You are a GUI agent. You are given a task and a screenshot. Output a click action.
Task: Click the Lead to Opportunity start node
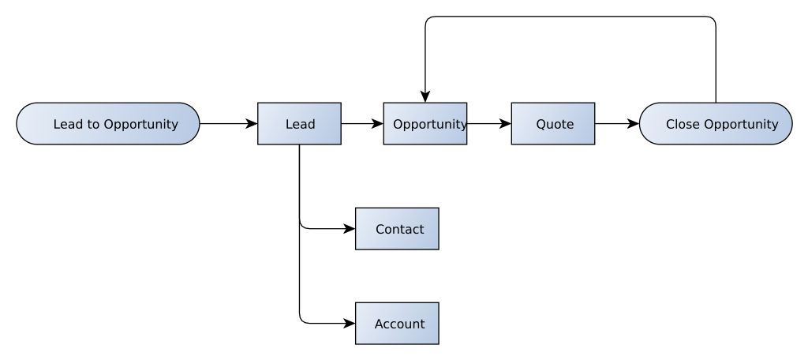click(108, 124)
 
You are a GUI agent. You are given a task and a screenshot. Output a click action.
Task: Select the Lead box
click(299, 124)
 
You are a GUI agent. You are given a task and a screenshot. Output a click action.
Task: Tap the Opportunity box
click(425, 124)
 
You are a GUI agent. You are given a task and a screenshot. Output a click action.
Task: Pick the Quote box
click(553, 124)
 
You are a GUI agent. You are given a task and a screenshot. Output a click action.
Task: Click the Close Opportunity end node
click(716, 124)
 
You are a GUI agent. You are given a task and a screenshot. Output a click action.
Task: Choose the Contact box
click(397, 229)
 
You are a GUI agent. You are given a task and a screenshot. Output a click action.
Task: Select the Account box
click(397, 324)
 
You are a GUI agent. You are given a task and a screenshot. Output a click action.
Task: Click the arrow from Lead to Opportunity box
click(362, 124)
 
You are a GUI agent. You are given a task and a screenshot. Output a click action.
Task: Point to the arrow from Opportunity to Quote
click(489, 124)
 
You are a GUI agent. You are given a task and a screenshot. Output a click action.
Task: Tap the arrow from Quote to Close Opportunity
click(616, 124)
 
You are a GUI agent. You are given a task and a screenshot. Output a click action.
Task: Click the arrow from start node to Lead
click(229, 124)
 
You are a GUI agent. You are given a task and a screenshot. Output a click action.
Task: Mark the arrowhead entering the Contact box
click(350, 229)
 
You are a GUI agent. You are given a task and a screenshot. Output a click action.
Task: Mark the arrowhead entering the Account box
click(350, 324)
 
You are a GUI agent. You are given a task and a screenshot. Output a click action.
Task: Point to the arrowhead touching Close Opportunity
click(633, 124)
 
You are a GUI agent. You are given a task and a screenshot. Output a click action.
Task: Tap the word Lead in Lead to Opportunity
click(67, 124)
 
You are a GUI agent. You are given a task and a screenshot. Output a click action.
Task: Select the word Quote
click(555, 124)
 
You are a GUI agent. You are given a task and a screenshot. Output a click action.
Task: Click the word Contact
click(399, 229)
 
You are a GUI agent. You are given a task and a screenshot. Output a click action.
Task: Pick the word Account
click(399, 324)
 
